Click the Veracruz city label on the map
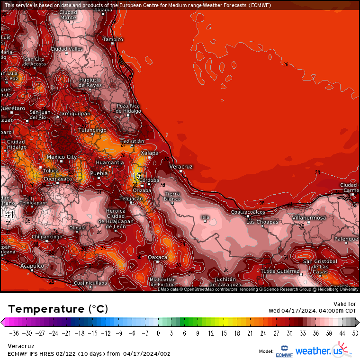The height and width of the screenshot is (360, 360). (181, 167)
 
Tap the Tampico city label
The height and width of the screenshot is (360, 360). (113, 39)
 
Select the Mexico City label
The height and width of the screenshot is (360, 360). (62, 157)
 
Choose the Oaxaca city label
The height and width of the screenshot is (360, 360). (158, 257)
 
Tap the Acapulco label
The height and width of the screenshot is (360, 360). (32, 266)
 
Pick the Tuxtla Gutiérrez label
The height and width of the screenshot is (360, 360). (280, 271)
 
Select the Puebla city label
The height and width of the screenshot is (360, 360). (99, 173)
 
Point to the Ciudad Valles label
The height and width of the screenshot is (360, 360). (67, 49)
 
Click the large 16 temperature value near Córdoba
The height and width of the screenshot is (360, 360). (136, 176)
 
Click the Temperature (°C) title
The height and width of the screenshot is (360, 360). (58, 309)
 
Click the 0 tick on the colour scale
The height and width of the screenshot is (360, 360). (158, 333)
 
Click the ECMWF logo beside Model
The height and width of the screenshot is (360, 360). (284, 351)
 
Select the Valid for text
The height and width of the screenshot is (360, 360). (345, 304)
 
